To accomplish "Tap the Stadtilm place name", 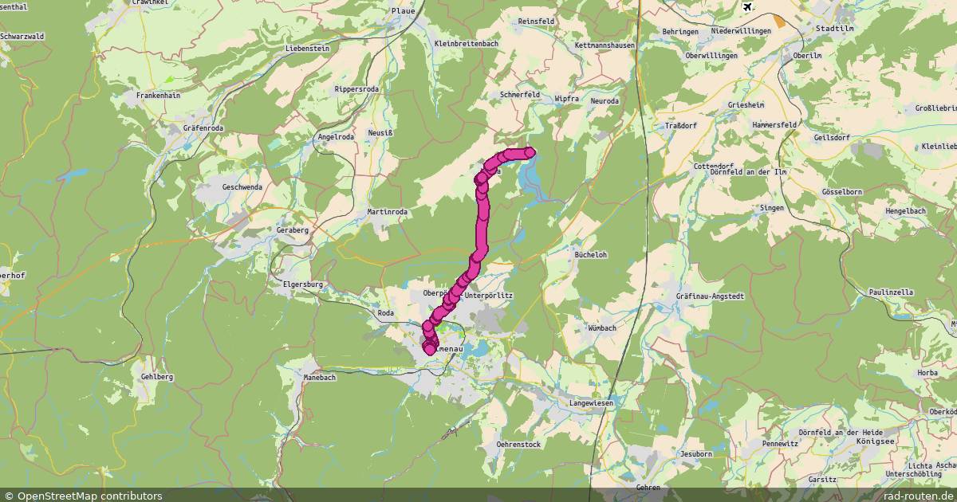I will [834, 27].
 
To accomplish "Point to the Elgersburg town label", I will [303, 284].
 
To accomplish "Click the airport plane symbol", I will [747, 7].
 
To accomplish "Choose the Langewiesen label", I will [592, 403].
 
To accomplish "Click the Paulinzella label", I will [891, 292].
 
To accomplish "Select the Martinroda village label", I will [387, 211].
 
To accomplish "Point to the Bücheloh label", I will [591, 255].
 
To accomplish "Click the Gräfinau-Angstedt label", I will [710, 296].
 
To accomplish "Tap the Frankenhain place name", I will [158, 95].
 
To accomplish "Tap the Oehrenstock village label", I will [518, 444].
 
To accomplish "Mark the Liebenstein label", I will [308, 49].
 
